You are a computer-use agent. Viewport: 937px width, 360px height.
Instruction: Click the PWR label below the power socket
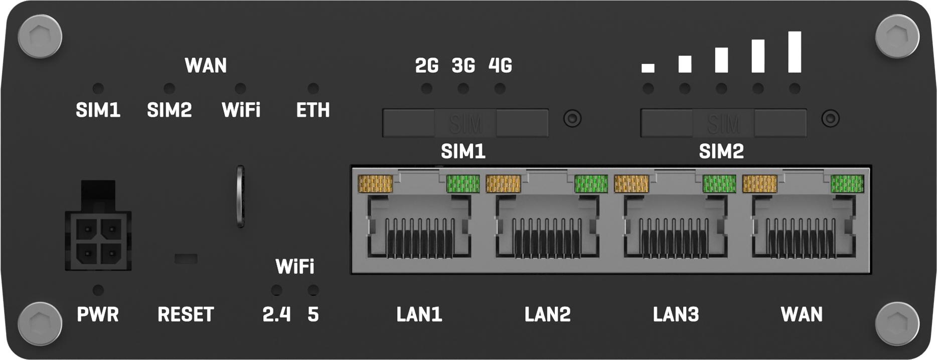[x=98, y=314]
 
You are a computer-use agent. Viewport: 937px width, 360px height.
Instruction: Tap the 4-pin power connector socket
[x=98, y=240]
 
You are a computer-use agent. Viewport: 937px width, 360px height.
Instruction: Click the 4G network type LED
[x=500, y=89]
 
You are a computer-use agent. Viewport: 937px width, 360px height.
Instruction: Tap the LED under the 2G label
[x=427, y=89]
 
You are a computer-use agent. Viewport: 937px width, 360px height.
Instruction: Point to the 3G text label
[x=463, y=66]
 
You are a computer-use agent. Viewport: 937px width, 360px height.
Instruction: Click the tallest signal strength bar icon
[x=795, y=52]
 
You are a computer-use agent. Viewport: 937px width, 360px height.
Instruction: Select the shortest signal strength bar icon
[x=648, y=68]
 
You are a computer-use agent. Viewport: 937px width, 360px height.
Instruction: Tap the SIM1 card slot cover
[x=465, y=123]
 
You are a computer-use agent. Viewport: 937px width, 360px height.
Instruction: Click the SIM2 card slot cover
[x=723, y=123]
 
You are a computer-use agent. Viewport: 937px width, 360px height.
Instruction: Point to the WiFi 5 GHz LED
[x=313, y=290]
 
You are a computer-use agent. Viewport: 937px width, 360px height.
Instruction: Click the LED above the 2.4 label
[x=276, y=290]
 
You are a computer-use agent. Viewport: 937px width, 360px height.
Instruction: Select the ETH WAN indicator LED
[x=313, y=89]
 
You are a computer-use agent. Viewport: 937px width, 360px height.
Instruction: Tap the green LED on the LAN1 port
[x=463, y=184]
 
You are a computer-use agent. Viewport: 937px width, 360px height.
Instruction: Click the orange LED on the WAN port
[x=759, y=184]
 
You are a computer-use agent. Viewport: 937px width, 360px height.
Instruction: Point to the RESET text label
[x=186, y=314]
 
